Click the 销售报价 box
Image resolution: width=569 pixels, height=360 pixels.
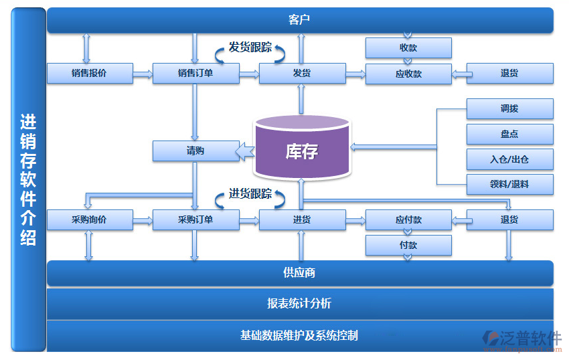point(90,74)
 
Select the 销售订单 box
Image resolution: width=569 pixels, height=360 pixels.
point(195,74)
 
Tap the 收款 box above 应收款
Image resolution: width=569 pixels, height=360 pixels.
point(408,48)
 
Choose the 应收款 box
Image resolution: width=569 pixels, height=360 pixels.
point(408,74)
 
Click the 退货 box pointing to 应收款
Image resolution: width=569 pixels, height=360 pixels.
point(509,74)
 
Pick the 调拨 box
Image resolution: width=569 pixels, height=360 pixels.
point(509,108)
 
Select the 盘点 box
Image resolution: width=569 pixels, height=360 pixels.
point(509,134)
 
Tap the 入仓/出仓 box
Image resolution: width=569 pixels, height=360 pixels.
point(509,159)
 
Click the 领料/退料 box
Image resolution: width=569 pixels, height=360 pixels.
point(509,184)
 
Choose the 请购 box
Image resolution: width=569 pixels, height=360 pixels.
point(195,151)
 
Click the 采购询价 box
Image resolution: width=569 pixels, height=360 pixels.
point(90,219)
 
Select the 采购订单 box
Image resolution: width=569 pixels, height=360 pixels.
point(195,219)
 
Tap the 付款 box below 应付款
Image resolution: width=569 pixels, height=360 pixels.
point(408,245)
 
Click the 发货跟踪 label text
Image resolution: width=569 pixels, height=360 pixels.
point(250,48)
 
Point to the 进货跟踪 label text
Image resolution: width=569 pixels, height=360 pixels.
point(250,194)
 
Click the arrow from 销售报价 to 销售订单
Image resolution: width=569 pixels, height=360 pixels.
point(143,74)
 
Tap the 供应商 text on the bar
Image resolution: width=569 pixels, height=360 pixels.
point(299,273)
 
